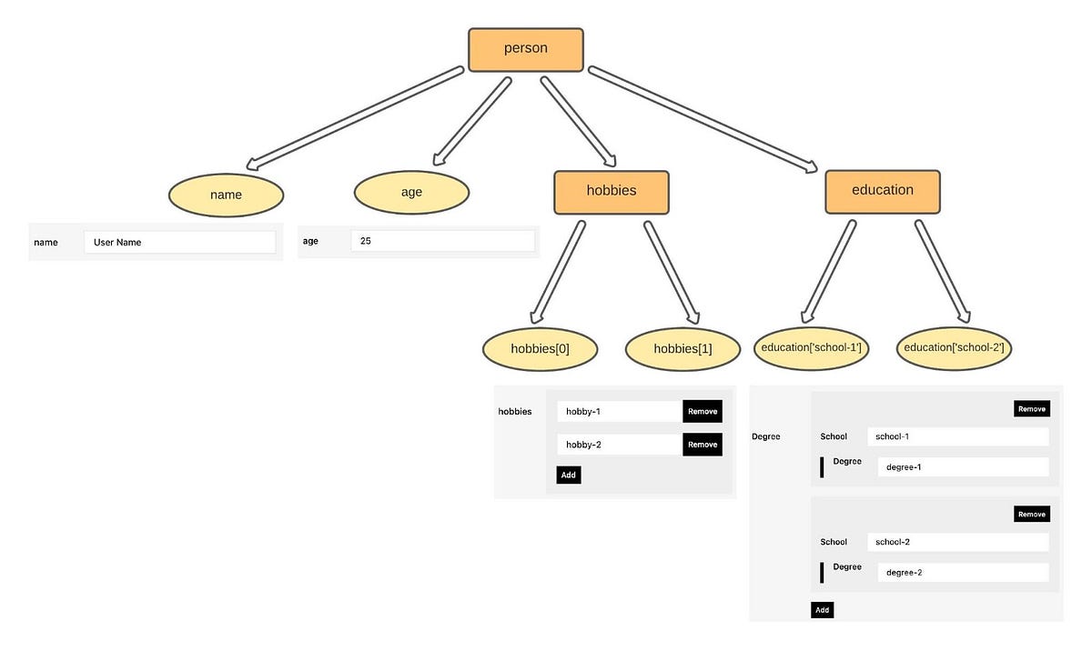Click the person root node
(x=525, y=49)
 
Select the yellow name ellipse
(x=226, y=195)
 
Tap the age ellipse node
(x=411, y=192)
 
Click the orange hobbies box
(x=611, y=192)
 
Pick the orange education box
(x=882, y=191)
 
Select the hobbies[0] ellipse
(x=540, y=349)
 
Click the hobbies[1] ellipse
(x=682, y=349)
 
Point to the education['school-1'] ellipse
(x=811, y=348)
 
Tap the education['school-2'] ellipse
(x=954, y=348)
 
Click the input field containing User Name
(x=179, y=242)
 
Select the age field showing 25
(x=442, y=241)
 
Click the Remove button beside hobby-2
(x=703, y=445)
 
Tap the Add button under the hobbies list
(x=568, y=475)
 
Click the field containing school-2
(x=957, y=542)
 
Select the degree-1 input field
(x=963, y=467)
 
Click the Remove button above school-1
(x=1031, y=409)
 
